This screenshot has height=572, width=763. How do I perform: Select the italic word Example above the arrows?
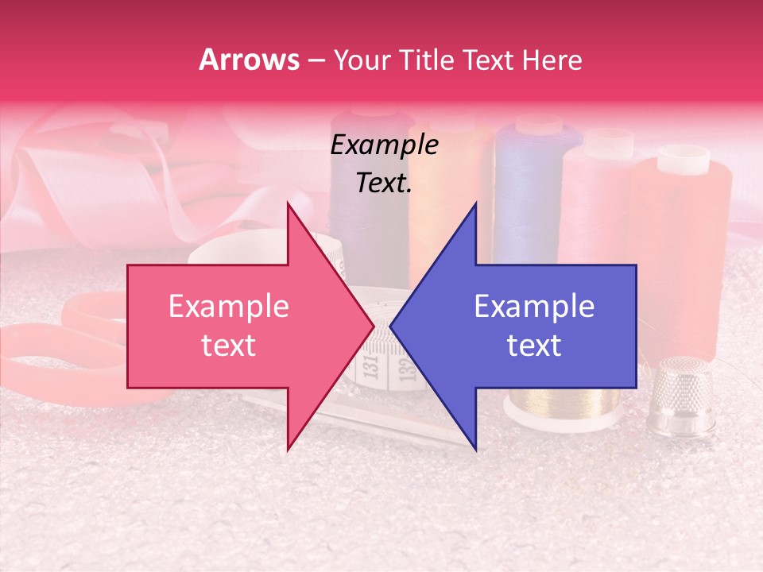tap(384, 145)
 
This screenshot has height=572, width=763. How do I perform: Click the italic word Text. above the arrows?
tap(384, 183)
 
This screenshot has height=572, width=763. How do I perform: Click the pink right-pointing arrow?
tap(238, 327)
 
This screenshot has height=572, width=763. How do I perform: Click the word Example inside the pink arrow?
tap(228, 307)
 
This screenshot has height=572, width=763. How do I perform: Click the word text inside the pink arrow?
tap(228, 346)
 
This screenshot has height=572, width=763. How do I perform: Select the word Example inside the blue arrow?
tap(534, 307)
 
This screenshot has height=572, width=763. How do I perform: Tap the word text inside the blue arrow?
tap(534, 346)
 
